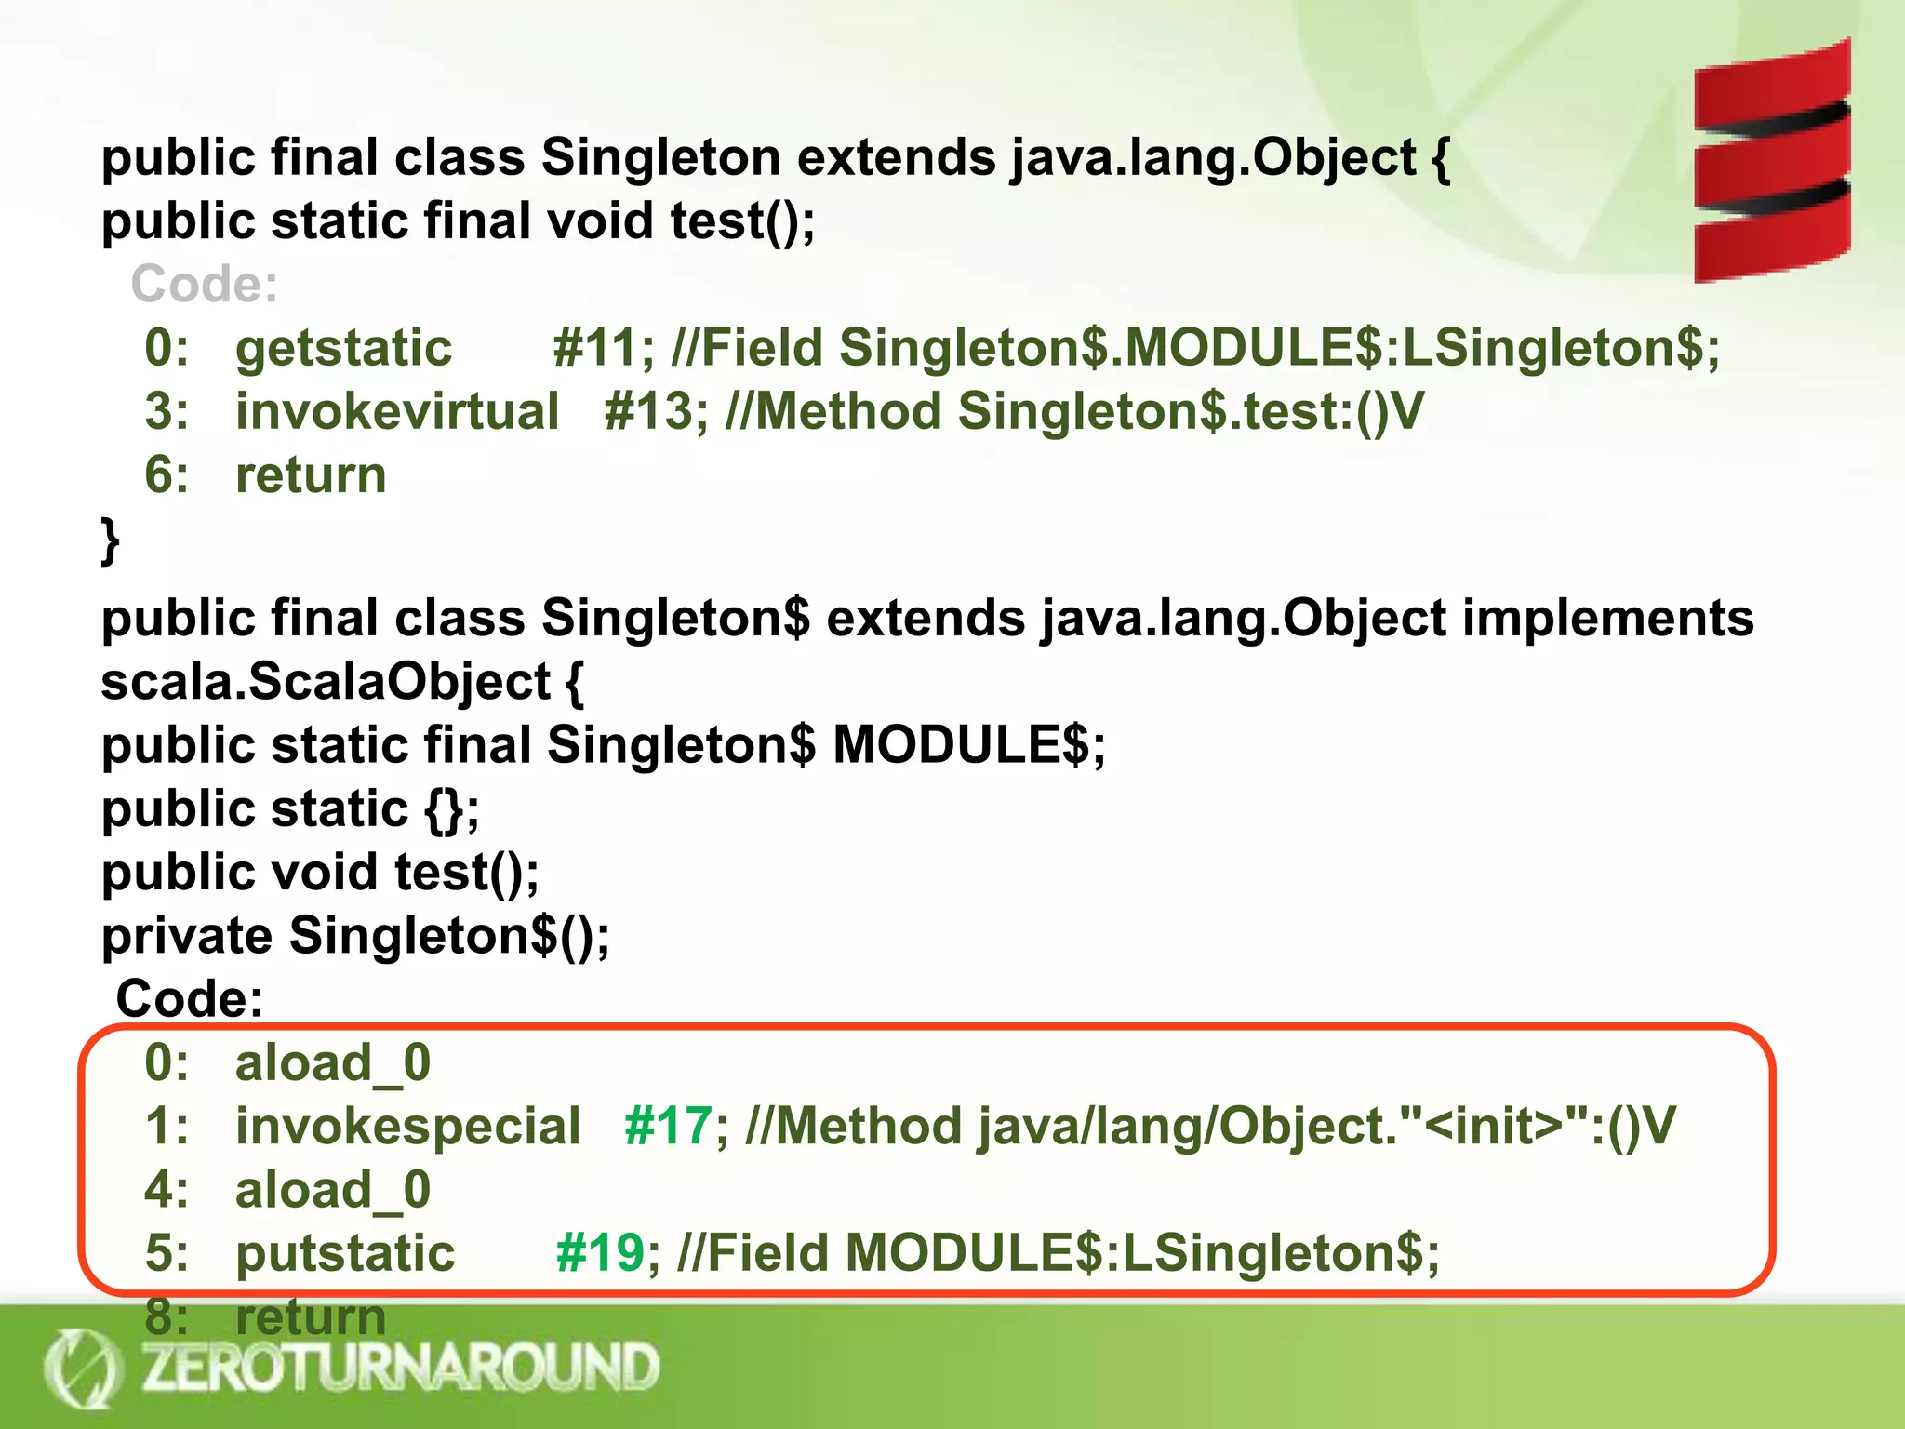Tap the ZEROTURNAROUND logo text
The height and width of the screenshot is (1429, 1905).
[400, 1368]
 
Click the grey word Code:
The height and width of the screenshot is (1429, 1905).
[204, 284]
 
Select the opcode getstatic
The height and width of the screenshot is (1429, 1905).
[343, 348]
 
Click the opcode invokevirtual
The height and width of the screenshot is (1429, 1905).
[397, 411]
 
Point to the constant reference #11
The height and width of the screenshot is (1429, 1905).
[594, 348]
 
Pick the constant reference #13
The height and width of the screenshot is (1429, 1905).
[647, 411]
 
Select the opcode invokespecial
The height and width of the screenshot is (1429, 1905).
[407, 1126]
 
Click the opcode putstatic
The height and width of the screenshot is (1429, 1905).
[345, 1252]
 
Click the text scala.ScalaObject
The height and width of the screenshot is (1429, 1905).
[326, 682]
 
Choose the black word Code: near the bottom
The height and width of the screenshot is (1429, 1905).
[190, 999]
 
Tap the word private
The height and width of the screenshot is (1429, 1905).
[187, 935]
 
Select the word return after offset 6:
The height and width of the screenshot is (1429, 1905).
[311, 475]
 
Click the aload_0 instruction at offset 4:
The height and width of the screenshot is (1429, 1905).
[332, 1190]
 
